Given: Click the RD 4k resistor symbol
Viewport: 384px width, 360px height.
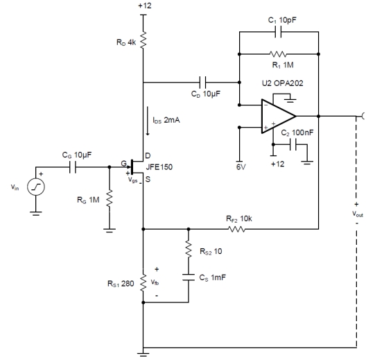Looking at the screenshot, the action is pyautogui.click(x=143, y=40).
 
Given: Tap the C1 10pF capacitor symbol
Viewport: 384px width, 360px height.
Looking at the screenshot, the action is pyautogui.click(x=278, y=32).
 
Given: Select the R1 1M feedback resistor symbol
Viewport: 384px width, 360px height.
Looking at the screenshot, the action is pyautogui.click(x=278, y=54).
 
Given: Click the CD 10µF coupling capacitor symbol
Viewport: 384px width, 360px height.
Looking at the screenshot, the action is pyautogui.click(x=203, y=83).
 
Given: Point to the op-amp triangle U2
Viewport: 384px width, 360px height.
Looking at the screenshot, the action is pyautogui.click(x=279, y=116).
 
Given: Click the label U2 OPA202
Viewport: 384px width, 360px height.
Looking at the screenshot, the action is pyautogui.click(x=282, y=83).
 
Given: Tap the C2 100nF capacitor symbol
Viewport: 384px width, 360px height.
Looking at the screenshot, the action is pyautogui.click(x=293, y=144).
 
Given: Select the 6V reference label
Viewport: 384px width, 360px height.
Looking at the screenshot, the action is pyautogui.click(x=241, y=167).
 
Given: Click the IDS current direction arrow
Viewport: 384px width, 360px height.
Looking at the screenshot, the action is pyautogui.click(x=148, y=121).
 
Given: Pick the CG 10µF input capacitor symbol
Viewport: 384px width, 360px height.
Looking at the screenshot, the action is pyautogui.click(x=73, y=167).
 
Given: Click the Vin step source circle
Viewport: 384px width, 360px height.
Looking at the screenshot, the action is pyautogui.click(x=36, y=187).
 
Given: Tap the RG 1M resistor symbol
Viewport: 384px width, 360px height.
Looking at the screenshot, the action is pyautogui.click(x=110, y=198).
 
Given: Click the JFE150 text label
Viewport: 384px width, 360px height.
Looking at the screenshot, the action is pyautogui.click(x=159, y=167).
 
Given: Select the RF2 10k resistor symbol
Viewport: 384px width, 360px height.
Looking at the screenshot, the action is pyautogui.click(x=236, y=229).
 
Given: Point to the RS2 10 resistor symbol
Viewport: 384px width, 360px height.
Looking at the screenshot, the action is pyautogui.click(x=189, y=249).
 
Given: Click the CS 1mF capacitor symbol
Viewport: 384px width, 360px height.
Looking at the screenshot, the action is pyautogui.click(x=189, y=277).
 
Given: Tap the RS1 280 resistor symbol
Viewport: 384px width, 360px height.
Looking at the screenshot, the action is pyautogui.click(x=143, y=283).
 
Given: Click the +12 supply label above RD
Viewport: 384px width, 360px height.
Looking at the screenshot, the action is pyautogui.click(x=145, y=6).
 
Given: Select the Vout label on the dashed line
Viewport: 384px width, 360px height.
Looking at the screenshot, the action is pyautogui.click(x=358, y=214).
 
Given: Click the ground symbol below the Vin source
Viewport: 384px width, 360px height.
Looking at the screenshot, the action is pyautogui.click(x=36, y=214).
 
